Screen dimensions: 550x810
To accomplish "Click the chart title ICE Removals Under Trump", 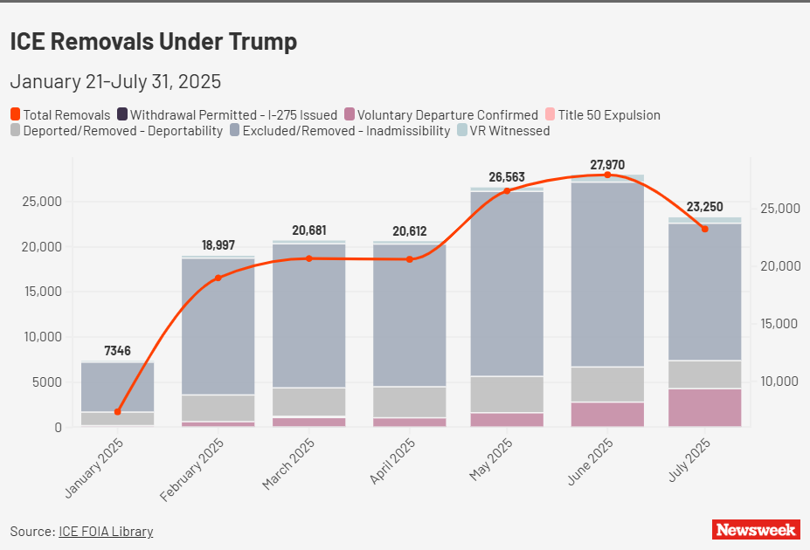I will [x=153, y=41].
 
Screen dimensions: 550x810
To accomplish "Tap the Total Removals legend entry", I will [x=60, y=114].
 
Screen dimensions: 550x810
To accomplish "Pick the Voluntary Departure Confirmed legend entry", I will [x=440, y=114].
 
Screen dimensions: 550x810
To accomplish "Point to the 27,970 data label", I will [x=606, y=164].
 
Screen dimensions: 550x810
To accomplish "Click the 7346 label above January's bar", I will [x=117, y=351].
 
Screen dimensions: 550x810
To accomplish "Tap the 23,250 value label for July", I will [x=704, y=207].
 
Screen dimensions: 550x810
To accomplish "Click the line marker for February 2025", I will [x=218, y=278].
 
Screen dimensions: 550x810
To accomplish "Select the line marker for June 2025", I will [x=606, y=175].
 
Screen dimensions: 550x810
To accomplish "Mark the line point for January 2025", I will [x=117, y=411].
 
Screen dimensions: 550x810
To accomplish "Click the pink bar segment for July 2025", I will [x=704, y=408].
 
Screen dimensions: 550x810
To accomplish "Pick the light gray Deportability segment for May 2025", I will [x=507, y=395].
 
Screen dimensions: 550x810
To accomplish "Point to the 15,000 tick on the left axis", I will [x=41, y=292].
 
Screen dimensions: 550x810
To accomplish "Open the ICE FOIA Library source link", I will [x=106, y=531].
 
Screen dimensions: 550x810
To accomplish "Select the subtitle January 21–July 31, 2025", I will [x=115, y=82].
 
